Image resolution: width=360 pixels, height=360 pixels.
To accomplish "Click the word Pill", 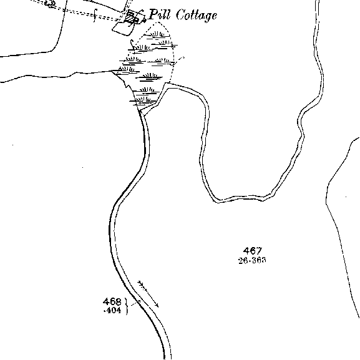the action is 160,14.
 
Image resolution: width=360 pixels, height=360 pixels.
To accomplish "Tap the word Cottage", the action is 197,16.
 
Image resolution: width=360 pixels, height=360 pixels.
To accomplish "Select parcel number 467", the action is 253,251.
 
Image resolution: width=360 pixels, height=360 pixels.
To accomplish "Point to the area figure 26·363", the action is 252,260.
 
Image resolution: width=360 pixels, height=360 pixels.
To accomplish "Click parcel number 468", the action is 112,301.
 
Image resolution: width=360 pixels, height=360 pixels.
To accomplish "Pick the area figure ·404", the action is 112,311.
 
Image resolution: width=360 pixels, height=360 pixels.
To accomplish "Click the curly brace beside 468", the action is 126,306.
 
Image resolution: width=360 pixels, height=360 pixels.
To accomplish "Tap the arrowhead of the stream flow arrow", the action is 157,305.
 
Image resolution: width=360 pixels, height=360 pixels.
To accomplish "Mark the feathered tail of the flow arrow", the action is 141,285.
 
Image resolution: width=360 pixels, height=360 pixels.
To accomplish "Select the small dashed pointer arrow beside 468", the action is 135,303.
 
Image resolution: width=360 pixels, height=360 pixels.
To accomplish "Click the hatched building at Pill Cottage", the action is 130,17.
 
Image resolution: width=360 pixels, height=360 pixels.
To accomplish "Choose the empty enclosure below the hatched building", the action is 123,29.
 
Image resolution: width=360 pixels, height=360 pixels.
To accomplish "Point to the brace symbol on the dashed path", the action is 95,16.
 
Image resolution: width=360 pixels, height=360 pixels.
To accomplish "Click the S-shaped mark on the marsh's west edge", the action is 132,44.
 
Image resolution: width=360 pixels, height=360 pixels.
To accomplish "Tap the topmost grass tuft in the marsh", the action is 157,35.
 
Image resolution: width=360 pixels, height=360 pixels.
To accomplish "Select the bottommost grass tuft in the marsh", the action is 143,100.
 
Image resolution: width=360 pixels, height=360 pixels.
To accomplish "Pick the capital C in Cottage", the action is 180,15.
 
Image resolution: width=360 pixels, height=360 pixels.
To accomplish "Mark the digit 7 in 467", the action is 259,251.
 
